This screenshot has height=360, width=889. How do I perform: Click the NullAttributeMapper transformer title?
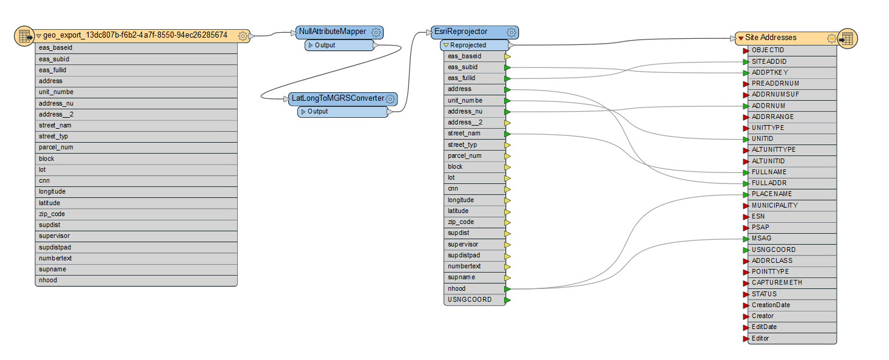332,32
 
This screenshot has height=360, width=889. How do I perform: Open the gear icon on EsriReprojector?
512,32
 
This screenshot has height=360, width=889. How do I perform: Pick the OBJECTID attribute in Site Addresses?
768,50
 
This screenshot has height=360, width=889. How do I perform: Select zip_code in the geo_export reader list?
52,214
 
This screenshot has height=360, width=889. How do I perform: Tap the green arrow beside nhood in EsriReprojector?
507,289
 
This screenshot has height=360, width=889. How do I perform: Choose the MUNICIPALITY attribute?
774,205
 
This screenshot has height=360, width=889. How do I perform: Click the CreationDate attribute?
771,305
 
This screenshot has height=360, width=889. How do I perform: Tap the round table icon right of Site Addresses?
847,38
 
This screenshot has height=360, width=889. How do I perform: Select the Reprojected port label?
468,45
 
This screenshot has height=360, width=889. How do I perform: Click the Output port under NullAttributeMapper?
325,45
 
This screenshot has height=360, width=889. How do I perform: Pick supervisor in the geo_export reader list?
54,236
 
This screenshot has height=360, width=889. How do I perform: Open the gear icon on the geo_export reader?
243,36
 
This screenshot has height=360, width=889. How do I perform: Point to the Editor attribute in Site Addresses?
760,338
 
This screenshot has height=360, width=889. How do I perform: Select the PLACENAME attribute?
771,194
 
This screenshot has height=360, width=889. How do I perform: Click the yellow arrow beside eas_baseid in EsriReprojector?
507,56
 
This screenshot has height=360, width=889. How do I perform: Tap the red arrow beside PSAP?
746,228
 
